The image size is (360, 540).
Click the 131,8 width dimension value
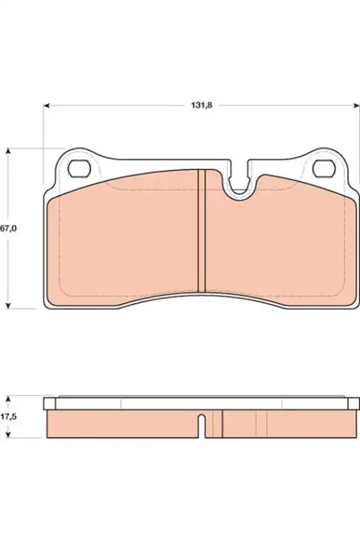tap(201, 105)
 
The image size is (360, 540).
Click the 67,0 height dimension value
tap(8, 228)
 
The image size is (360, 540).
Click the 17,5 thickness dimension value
tap(8, 416)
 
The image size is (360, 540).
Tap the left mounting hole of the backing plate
tap(79, 169)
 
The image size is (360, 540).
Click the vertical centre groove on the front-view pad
tap(201, 231)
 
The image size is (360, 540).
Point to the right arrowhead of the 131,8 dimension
tap(356, 105)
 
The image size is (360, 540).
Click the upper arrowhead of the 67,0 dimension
tap(9, 152)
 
